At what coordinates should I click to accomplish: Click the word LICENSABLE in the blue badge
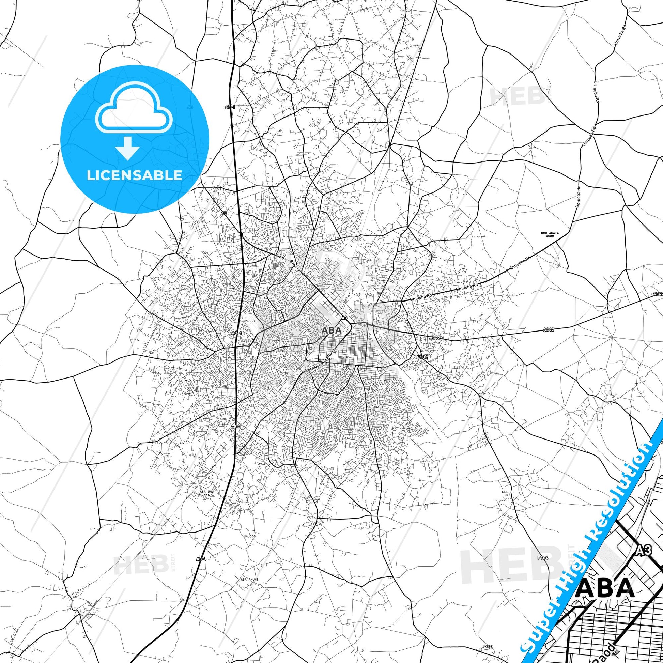pos(135,175)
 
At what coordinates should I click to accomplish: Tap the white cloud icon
pos(135,109)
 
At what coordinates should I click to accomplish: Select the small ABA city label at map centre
pos(331,330)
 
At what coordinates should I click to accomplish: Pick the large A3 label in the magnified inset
pos(644,560)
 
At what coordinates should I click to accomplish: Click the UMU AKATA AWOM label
pos(550,235)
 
